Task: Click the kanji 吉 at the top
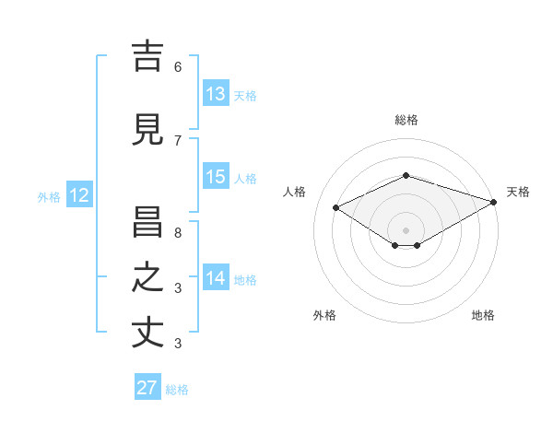[x=147, y=56]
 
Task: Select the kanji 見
[x=147, y=130]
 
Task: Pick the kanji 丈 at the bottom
[x=147, y=333]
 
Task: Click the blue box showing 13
[x=216, y=94]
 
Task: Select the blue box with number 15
[x=216, y=177]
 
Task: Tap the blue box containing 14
[x=216, y=278]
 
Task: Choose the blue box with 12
[x=78, y=195]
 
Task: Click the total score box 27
[x=147, y=388]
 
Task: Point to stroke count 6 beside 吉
[x=178, y=67]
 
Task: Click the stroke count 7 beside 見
[x=178, y=141]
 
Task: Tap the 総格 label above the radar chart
[x=406, y=120]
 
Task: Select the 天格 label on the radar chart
[x=518, y=192]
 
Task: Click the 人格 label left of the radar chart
[x=295, y=192]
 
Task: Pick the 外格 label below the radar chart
[x=324, y=315]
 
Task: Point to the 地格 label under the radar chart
[x=483, y=315]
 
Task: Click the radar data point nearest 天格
[x=494, y=202]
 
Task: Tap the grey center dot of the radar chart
[x=406, y=229]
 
